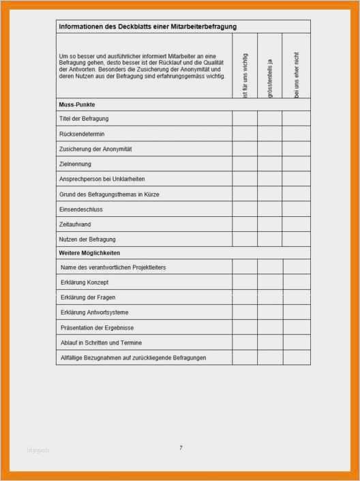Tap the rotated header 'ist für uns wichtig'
[245, 74]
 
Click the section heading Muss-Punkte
[77, 105]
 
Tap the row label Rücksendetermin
[82, 134]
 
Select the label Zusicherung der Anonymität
[95, 149]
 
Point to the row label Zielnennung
[75, 164]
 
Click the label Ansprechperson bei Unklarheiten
[102, 179]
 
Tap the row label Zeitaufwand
[76, 224]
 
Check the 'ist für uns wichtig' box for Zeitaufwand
[245, 224]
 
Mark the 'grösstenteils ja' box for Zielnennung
[270, 164]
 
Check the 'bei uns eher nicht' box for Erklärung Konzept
[297, 282]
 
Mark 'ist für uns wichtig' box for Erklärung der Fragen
[245, 297]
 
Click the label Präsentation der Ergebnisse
[97, 327]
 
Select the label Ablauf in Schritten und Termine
[101, 342]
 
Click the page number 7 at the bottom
[181, 448]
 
